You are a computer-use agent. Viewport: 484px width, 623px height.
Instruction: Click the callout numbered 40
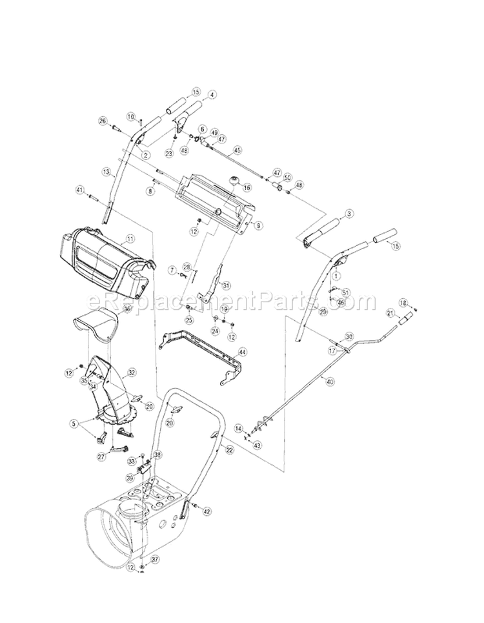point(330,382)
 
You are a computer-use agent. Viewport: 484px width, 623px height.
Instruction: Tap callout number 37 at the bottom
point(155,559)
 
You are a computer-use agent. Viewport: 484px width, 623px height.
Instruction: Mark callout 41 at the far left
point(80,190)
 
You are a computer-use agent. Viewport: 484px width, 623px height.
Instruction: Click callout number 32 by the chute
point(132,373)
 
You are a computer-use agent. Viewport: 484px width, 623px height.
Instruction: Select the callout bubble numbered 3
point(348,213)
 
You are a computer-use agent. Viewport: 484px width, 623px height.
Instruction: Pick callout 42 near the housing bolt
point(207,511)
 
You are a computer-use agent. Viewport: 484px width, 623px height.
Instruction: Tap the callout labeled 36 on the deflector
point(127,309)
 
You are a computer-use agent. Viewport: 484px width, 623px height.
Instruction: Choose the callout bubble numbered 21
point(390,312)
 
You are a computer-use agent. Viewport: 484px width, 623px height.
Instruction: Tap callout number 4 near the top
point(212,94)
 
